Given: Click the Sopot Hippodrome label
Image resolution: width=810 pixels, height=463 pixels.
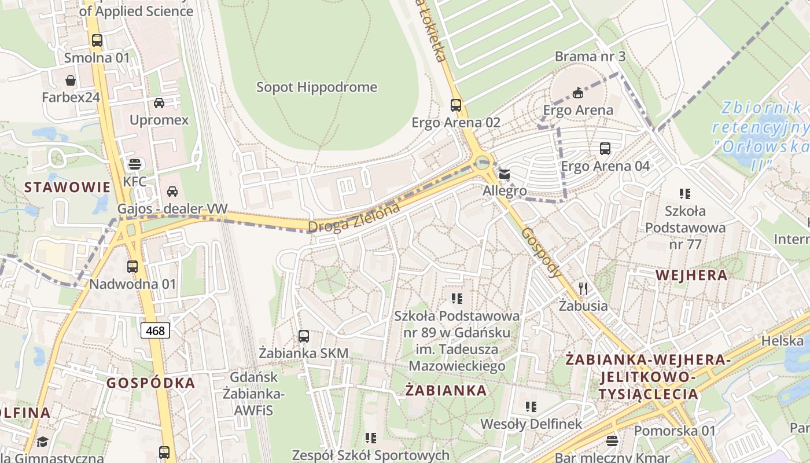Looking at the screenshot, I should (x=316, y=87).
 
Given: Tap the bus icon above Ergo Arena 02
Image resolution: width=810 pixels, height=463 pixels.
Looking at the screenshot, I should (x=456, y=105).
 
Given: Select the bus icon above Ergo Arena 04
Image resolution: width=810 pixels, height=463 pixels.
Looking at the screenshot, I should (x=605, y=149).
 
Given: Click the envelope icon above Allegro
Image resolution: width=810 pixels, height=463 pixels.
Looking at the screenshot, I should (x=505, y=174).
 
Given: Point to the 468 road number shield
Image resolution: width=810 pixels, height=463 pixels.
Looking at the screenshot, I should (x=155, y=331).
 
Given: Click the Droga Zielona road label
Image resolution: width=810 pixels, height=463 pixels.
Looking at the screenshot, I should (x=354, y=218).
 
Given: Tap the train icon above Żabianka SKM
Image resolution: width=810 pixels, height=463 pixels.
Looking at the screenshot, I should (x=303, y=336).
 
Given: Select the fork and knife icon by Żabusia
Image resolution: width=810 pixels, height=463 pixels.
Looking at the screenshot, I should (x=583, y=288).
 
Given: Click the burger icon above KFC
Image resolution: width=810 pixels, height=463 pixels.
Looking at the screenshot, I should (x=134, y=164).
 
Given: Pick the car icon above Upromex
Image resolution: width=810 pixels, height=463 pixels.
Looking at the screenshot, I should (x=159, y=103).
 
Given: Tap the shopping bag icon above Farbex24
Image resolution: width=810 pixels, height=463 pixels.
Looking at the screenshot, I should (x=71, y=80).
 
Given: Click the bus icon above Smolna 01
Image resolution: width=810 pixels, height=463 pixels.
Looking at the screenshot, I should (x=97, y=41).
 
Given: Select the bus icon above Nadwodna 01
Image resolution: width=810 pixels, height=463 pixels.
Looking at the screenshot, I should (x=132, y=267).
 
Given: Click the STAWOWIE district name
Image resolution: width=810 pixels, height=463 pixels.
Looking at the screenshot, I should (x=67, y=187).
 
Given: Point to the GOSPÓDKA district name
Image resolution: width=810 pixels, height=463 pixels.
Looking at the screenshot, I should (x=150, y=383).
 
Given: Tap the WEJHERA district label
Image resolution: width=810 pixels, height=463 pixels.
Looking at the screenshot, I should (x=691, y=275).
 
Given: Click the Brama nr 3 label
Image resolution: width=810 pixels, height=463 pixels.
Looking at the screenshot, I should (x=590, y=57).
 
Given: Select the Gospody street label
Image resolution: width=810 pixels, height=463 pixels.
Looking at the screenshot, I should (x=542, y=252).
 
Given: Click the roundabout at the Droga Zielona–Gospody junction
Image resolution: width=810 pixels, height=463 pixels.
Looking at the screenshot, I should (x=481, y=161).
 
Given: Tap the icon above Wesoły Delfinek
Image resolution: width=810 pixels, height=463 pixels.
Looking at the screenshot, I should (x=531, y=407).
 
